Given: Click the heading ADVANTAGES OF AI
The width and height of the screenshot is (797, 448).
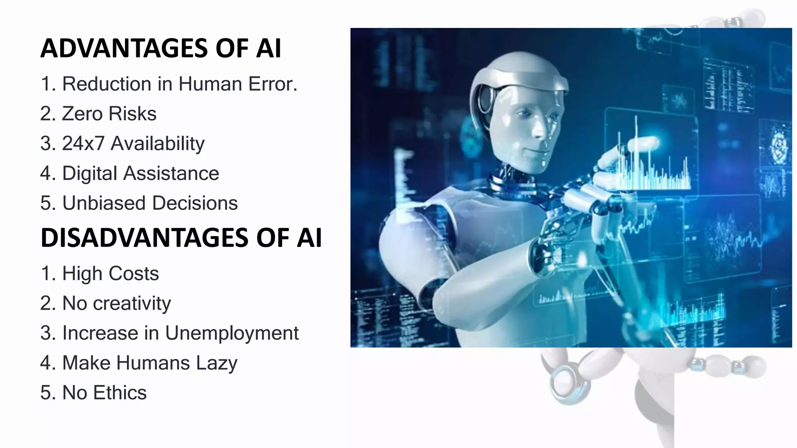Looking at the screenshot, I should (x=160, y=48).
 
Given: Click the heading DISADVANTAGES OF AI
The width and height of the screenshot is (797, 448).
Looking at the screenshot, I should (x=181, y=238).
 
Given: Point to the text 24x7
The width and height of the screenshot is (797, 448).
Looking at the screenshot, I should (x=83, y=143).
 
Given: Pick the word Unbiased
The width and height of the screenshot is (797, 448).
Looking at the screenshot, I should (x=104, y=203).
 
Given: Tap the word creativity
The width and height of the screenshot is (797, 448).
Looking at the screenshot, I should (x=132, y=303).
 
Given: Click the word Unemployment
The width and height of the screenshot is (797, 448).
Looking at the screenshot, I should (x=232, y=333).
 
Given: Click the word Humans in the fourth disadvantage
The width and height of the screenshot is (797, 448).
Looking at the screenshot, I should (x=153, y=363).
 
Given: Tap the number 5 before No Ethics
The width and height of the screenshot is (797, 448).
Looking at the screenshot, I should (x=46, y=393).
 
